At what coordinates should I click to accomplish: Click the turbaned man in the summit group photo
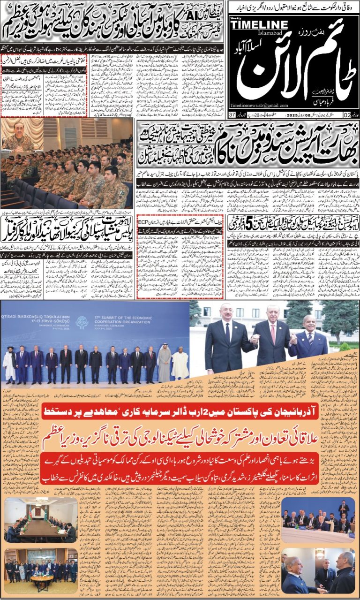(x=9, y=364)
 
